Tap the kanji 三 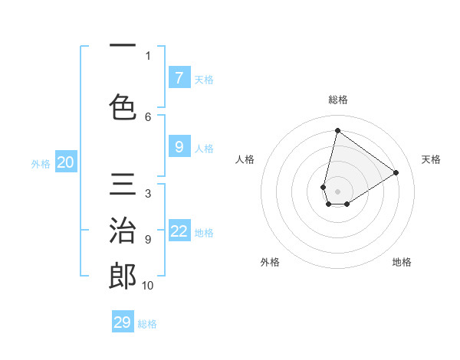[x=123, y=185]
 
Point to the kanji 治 [x=123, y=231]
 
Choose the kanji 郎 [x=123, y=277]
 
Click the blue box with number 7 [x=179, y=77]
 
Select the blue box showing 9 [x=179, y=147]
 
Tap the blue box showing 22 [x=179, y=231]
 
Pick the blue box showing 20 [x=66, y=162]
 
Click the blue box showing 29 [x=123, y=322]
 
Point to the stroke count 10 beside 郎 [x=148, y=286]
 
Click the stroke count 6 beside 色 [x=148, y=116]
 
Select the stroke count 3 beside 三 [x=147, y=194]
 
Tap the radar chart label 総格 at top [x=338, y=100]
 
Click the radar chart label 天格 [x=431, y=159]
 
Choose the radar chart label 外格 [x=270, y=262]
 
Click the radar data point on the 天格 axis [x=396, y=172]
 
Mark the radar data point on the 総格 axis [x=338, y=130]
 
